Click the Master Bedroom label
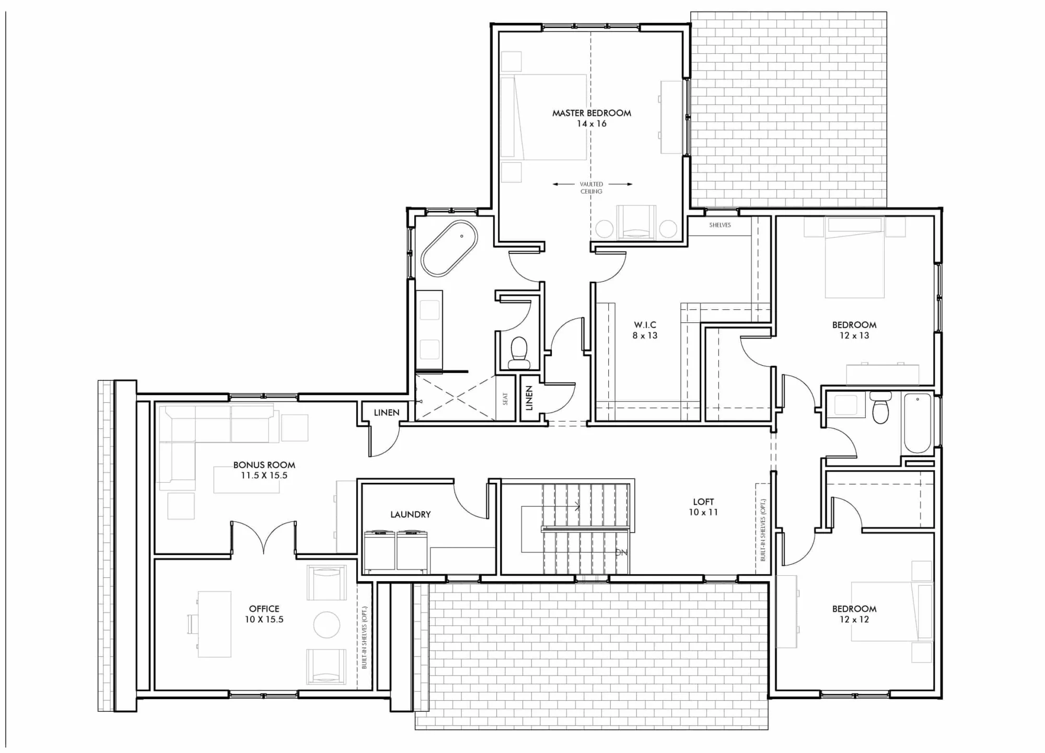[591, 113]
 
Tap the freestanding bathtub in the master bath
[449, 248]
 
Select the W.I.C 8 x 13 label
[645, 330]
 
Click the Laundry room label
[411, 515]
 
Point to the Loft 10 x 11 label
[703, 507]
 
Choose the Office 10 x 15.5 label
[264, 614]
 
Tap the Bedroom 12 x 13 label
[854, 330]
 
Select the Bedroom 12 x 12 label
[854, 614]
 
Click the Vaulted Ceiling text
[591, 188]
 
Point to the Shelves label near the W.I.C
[720, 225]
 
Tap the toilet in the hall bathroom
[881, 408]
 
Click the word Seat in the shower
[505, 399]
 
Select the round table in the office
[327, 625]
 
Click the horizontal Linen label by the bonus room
[387, 413]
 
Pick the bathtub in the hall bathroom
[918, 423]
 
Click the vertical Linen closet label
[529, 398]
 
